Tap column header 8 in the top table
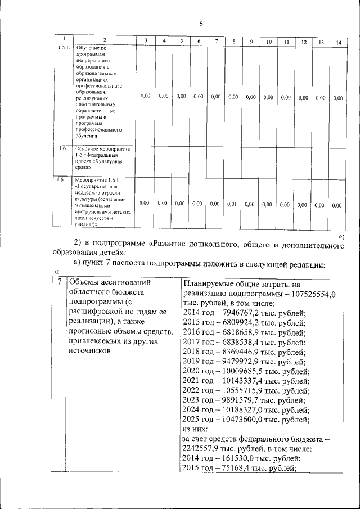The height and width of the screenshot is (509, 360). [233, 42]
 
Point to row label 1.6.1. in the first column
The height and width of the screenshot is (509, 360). [62, 180]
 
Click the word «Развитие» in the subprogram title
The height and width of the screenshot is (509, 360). [172, 244]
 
